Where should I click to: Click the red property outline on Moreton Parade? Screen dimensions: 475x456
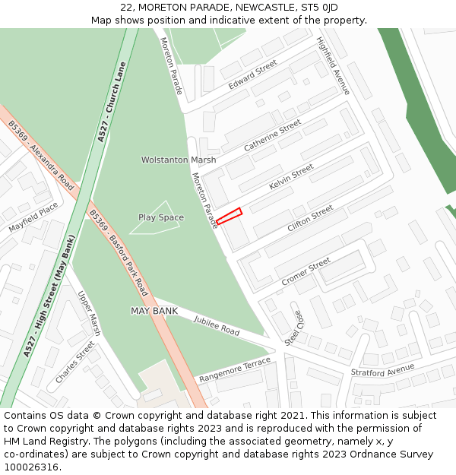click(x=229, y=216)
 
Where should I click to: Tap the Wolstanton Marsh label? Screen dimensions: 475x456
click(x=179, y=160)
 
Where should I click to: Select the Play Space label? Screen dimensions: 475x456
click(x=161, y=217)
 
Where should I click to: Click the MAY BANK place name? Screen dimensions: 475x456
click(x=154, y=311)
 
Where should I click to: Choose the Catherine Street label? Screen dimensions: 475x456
click(x=272, y=135)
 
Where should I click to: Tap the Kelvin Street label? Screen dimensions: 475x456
click(x=291, y=178)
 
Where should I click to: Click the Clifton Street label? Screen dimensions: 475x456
click(x=310, y=219)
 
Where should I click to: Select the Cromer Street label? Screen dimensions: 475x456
click(x=306, y=271)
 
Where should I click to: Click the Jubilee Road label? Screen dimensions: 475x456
click(x=217, y=328)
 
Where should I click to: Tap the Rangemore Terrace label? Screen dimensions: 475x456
click(x=235, y=369)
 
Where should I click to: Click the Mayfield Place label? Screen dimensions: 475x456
click(x=33, y=217)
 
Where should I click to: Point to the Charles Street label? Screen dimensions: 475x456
click(x=75, y=362)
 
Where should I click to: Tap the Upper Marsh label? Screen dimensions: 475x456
click(x=90, y=313)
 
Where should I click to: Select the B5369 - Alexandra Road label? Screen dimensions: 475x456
click(x=41, y=155)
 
